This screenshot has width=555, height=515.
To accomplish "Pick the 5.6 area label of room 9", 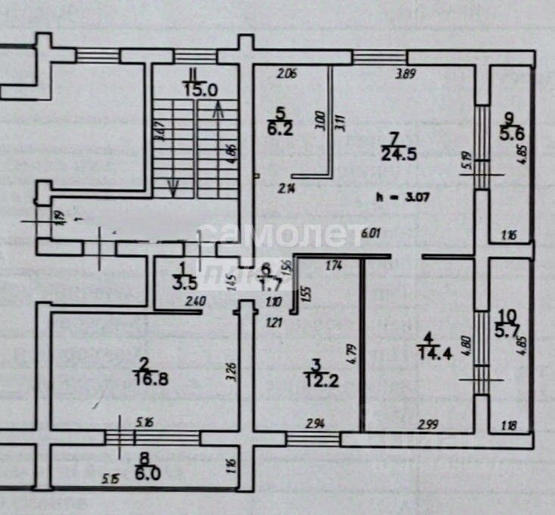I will tap(510, 133).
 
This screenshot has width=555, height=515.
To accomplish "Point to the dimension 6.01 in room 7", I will tap(370, 233).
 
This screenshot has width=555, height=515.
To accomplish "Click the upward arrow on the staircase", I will tap(220, 114).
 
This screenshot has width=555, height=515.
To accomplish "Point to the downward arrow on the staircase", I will tap(174, 186).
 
